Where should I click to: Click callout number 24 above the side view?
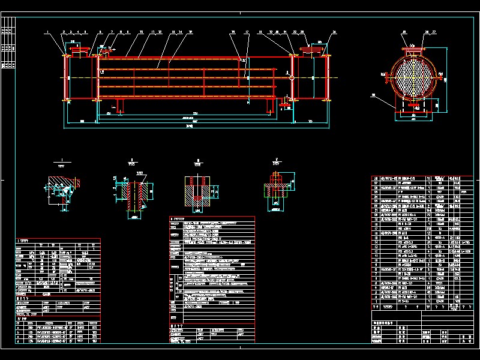point(334,31)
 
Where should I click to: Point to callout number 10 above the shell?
point(142,31)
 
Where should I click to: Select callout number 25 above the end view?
point(404,31)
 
